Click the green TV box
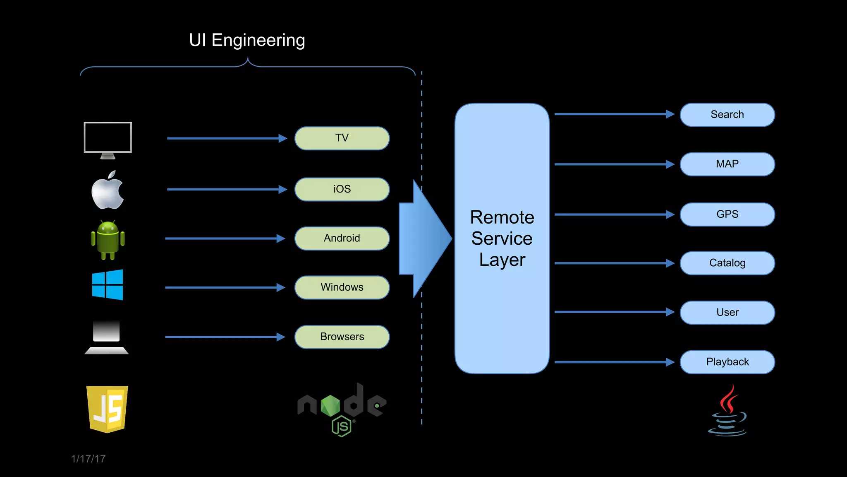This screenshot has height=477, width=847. coord(342,138)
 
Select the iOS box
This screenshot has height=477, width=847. coord(342,189)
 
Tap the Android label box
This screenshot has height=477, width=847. coord(342,238)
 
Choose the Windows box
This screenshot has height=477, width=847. coord(342,287)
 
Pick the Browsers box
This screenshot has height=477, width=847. coord(342,337)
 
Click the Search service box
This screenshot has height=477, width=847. coord(727,115)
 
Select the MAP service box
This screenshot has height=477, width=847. coord(727,164)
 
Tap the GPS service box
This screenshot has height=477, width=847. coord(727,214)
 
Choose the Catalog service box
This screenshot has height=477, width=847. coord(727,263)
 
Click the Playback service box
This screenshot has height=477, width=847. coord(727,362)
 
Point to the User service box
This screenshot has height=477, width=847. coord(727,312)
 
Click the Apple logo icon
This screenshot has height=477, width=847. coord(107,190)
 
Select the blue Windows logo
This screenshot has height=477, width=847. coord(108,284)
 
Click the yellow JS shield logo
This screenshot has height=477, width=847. coord(107,409)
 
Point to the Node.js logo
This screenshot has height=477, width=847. coord(342,408)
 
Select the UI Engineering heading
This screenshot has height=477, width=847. coord(247,40)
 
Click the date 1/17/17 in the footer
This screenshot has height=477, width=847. coord(88,459)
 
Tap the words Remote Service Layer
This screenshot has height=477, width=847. coord(502,238)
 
